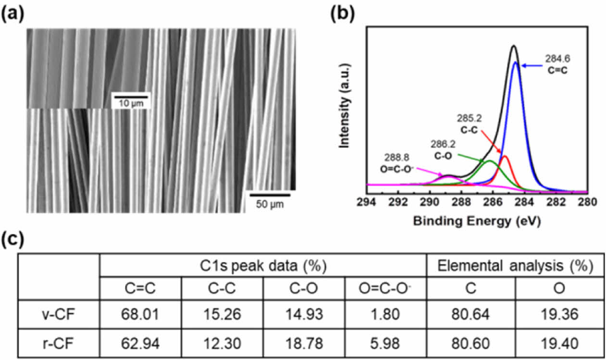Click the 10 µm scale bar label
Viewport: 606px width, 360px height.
tap(131, 103)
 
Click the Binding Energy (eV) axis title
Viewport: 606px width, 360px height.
tap(477, 222)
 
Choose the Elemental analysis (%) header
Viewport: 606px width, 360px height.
tap(515, 266)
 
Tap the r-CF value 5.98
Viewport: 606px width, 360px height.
tap(386, 343)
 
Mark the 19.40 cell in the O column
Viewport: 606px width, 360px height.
tap(559, 343)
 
